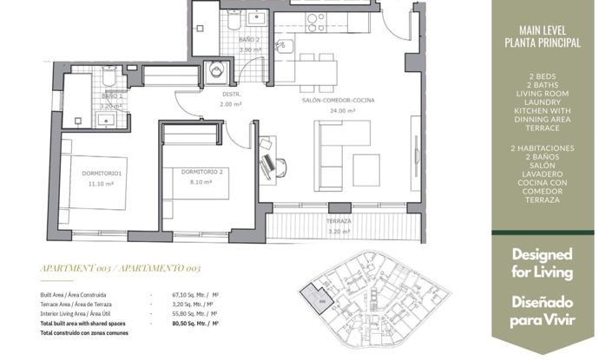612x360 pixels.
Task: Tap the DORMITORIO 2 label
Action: click(202, 171)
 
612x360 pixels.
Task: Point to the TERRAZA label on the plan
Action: click(339, 221)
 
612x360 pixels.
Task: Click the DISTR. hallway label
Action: click(231, 94)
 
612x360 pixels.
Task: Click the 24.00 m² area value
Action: click(339, 110)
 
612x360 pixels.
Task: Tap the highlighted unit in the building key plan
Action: click(322, 299)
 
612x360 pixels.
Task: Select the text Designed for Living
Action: click(543, 264)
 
